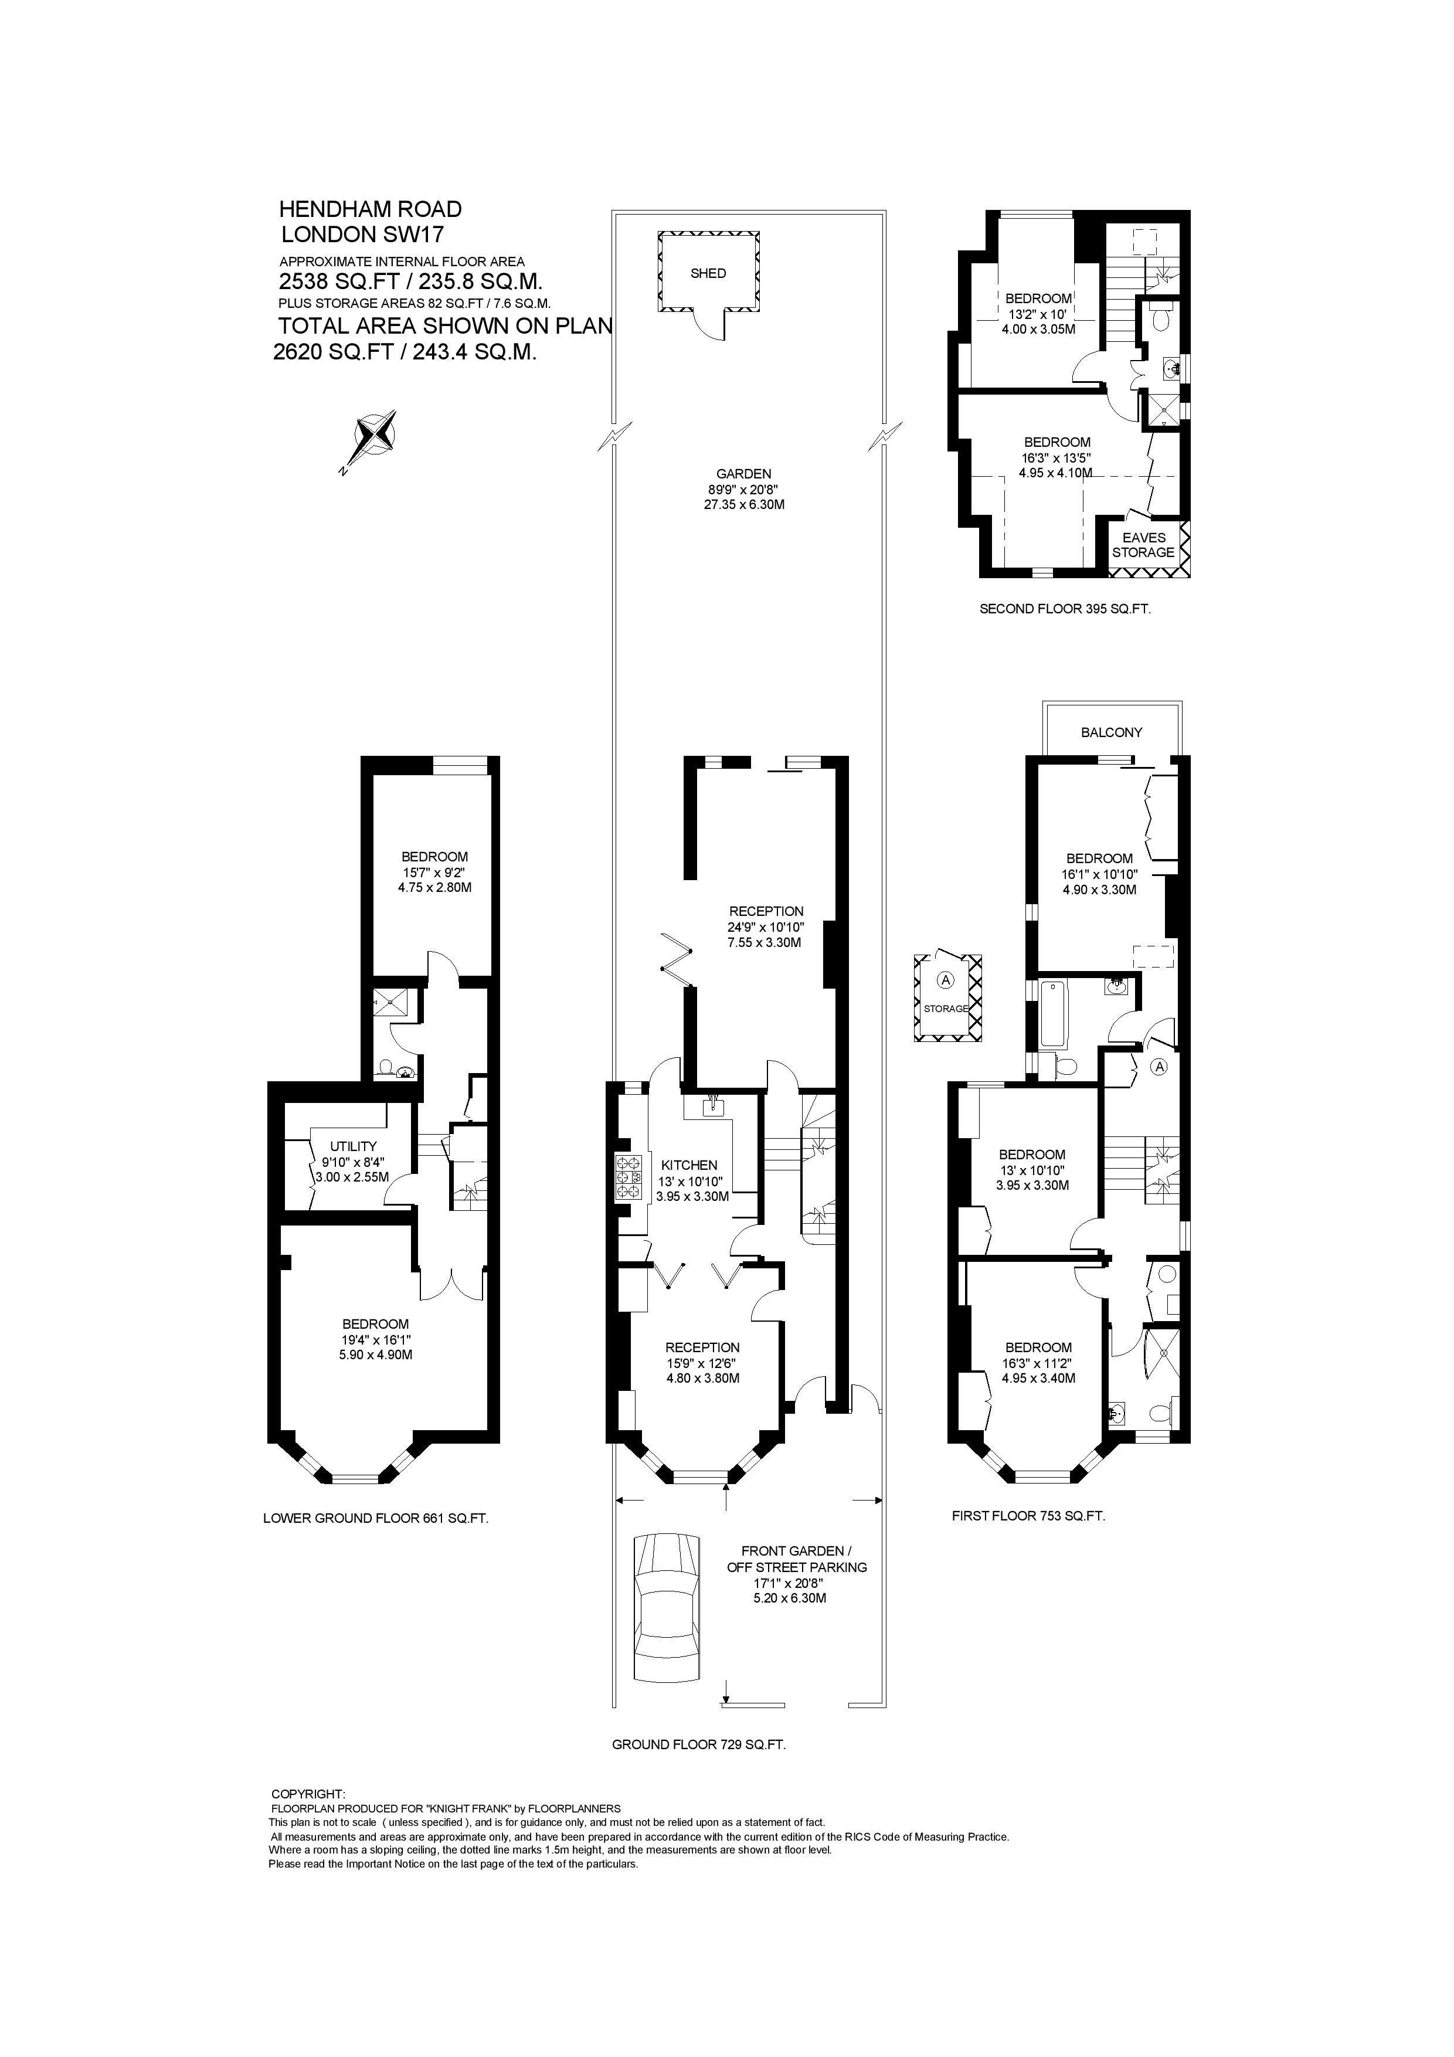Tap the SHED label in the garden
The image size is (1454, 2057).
tap(708, 273)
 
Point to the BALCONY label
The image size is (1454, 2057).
tap(1111, 732)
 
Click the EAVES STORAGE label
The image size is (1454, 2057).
tap(1143, 545)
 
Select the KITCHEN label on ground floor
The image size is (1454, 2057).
tap(689, 1165)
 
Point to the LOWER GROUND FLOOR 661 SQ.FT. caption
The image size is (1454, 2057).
tap(375, 1519)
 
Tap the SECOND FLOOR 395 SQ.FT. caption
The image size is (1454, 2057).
tap(1064, 608)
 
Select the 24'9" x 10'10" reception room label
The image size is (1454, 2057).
tap(766, 927)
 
